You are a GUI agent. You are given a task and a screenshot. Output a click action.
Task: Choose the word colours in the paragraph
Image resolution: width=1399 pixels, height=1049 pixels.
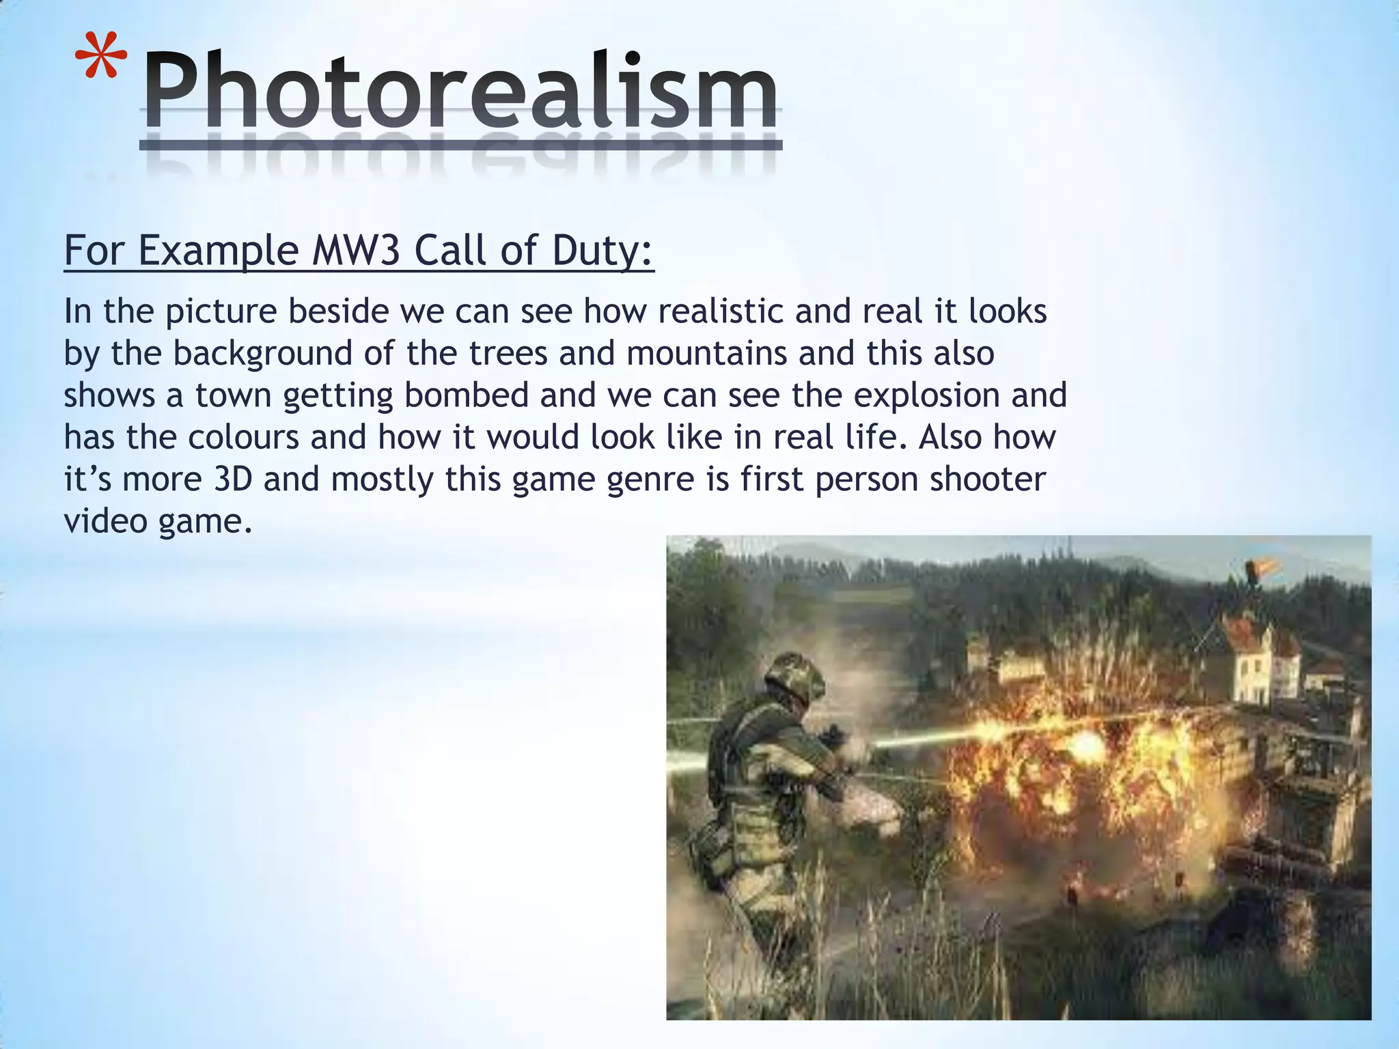coord(243,437)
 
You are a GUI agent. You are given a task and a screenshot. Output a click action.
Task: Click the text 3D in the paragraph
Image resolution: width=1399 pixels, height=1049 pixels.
coord(233,479)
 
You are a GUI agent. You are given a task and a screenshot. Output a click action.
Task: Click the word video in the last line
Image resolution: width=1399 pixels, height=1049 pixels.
coord(105,521)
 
